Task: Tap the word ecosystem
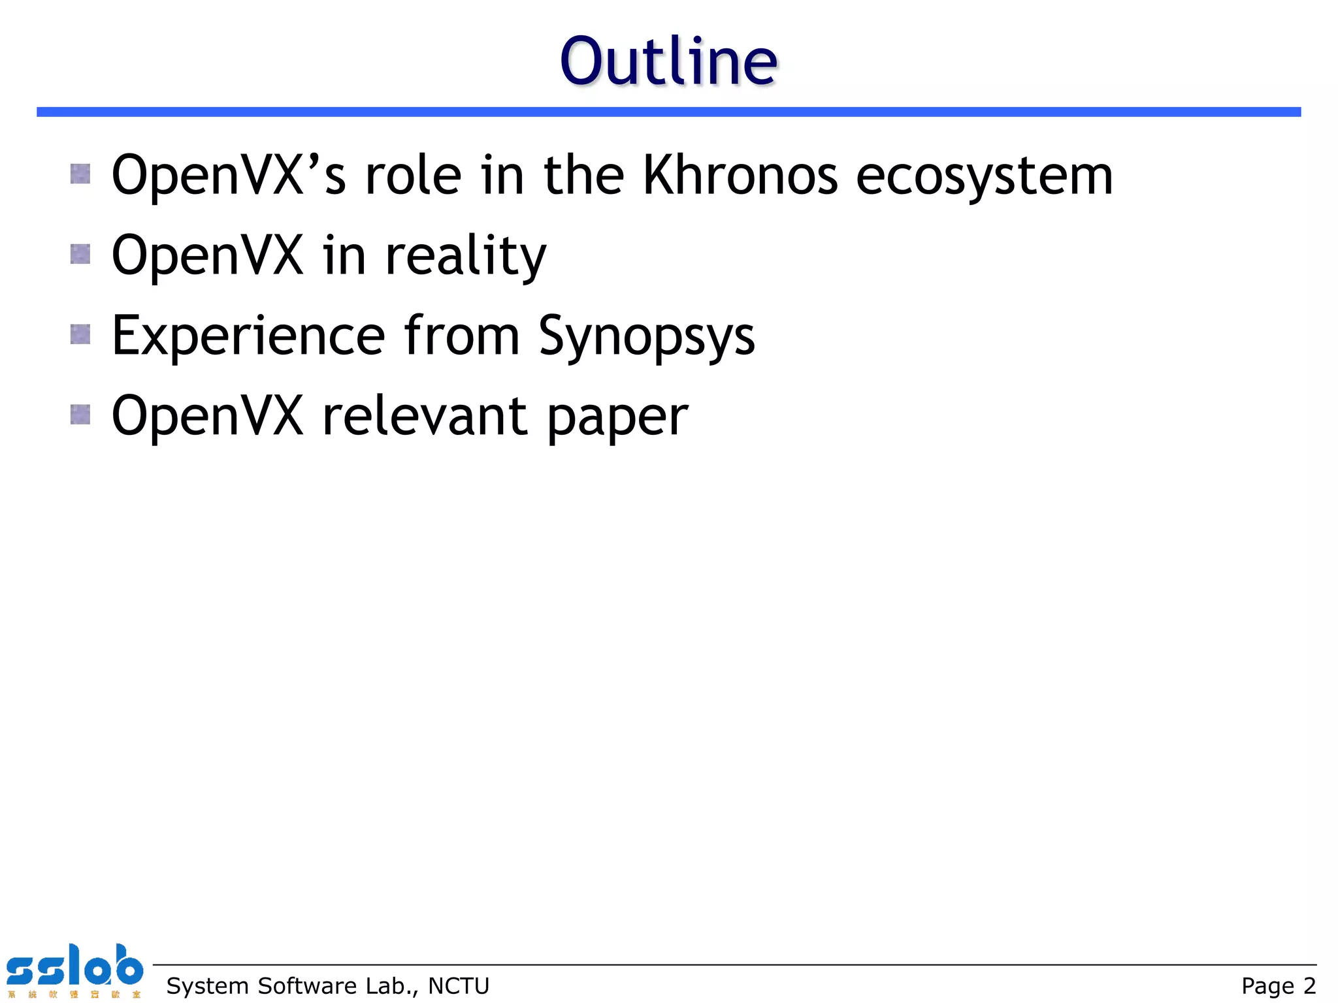coord(984,176)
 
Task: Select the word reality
coord(465,256)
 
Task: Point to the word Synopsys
coord(646,336)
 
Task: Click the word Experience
coord(248,336)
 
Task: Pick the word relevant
coord(425,416)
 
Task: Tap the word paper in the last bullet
coord(617,418)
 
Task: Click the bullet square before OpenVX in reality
coord(80,254)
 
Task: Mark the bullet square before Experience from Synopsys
coord(80,334)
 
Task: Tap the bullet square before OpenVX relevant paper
coord(80,414)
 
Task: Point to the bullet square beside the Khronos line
coord(80,174)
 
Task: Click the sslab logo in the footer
coord(74,970)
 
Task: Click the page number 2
coord(1309,985)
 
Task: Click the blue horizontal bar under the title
coord(668,112)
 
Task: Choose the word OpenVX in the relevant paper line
coord(207,416)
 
